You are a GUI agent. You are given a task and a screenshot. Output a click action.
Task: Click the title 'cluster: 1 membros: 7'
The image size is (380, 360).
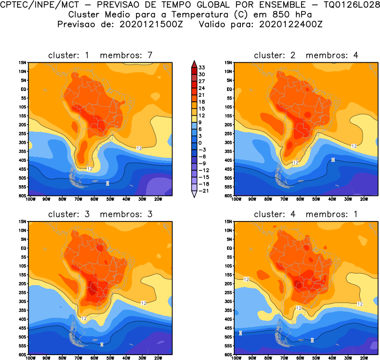[100, 55]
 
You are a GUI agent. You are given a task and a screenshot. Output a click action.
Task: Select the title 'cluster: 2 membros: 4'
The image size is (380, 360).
[306, 55]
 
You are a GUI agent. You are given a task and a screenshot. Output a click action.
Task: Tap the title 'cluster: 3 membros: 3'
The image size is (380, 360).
[100, 214]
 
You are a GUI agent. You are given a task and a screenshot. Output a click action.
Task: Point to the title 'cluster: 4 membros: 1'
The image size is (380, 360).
[306, 214]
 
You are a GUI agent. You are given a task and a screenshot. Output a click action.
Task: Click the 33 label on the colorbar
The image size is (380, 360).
[201, 67]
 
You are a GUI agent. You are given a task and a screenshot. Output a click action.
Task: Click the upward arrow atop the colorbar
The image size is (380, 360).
[193, 63]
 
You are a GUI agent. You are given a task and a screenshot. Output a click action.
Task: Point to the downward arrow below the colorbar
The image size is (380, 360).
[193, 194]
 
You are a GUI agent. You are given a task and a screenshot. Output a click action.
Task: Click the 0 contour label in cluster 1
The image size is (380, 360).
[108, 183]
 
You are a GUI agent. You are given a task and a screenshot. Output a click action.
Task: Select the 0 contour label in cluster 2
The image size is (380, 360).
[333, 160]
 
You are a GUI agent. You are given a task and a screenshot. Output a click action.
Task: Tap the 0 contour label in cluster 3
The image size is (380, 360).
[102, 344]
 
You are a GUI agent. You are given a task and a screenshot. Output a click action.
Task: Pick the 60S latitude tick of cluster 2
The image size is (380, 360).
[228, 196]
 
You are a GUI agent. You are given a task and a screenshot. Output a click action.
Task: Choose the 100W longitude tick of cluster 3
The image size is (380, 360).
[30, 358]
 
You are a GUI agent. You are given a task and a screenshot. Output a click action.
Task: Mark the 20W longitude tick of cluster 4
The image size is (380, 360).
[364, 358]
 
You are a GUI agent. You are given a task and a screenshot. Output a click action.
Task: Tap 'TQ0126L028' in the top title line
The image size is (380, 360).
[349, 5]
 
